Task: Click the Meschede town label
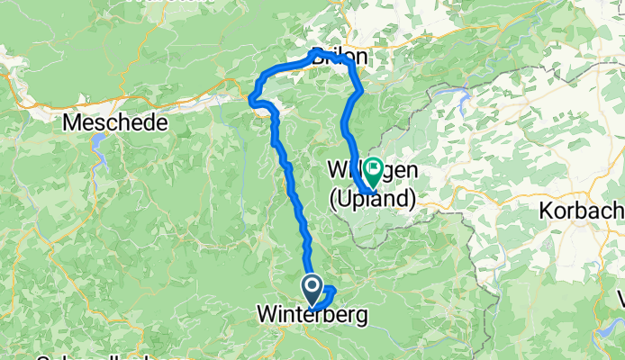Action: pos(114,122)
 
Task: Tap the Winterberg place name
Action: pos(312,316)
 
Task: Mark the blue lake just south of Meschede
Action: pos(98,154)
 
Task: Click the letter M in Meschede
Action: pos(72,122)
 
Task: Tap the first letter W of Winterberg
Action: pos(267,316)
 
